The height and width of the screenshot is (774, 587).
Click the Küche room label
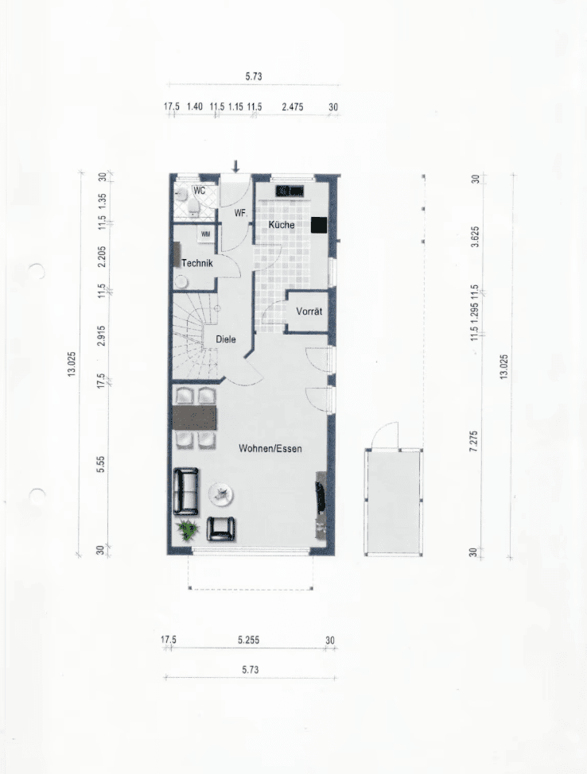point(281,225)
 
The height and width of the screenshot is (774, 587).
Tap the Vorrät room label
point(309,311)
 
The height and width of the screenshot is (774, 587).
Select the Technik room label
point(197,263)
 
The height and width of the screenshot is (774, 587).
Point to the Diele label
point(225,339)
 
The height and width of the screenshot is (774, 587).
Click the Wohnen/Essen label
point(270,448)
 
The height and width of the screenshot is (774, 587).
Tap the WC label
point(199,191)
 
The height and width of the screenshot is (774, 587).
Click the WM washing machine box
point(205,234)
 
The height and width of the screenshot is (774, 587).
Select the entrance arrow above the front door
point(235,166)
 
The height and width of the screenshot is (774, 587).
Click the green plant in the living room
point(188,531)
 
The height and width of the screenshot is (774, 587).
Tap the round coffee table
point(220,493)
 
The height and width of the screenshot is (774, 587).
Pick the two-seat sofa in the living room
point(186,492)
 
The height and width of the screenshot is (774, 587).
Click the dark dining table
point(195,418)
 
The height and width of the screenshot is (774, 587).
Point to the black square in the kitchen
point(319,225)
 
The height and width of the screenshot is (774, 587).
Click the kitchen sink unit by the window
point(290,191)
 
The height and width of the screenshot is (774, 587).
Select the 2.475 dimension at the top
point(292,106)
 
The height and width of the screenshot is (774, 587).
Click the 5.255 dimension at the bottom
point(248,640)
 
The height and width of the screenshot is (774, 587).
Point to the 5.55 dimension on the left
point(101,464)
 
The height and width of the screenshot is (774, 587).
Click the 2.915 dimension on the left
point(101,335)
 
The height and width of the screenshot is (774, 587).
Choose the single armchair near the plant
point(221,528)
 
